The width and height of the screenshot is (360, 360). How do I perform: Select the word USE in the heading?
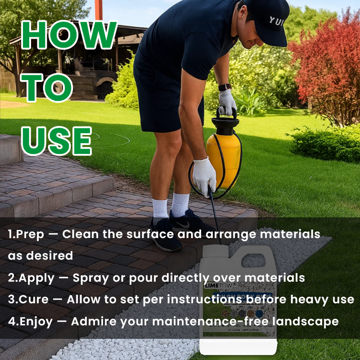pyautogui.click(x=57, y=140)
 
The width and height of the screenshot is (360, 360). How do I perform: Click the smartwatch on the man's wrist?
pyautogui.click(x=225, y=87)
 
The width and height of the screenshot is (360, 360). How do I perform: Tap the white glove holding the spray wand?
pyautogui.click(x=204, y=176)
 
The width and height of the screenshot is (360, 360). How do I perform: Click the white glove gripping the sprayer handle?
pyautogui.click(x=227, y=103)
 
